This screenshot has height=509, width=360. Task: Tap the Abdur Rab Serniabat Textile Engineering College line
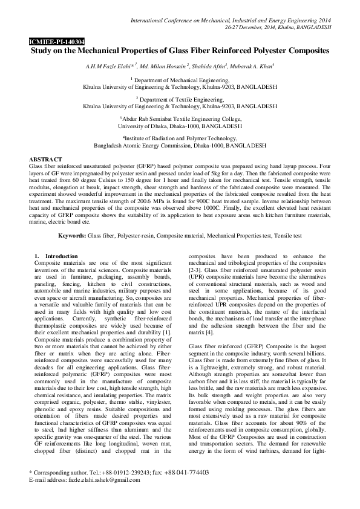tap(180, 119)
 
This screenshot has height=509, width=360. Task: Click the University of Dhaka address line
tap(180, 126)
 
